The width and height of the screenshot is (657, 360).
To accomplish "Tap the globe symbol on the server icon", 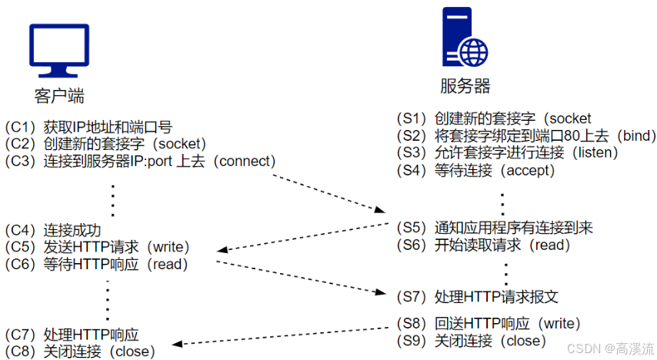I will click(x=474, y=53).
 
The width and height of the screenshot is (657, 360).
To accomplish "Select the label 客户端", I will click(x=59, y=96).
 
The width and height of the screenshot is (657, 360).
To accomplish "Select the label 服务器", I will click(x=465, y=85).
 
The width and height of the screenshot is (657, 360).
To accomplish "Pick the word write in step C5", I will click(x=167, y=247).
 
